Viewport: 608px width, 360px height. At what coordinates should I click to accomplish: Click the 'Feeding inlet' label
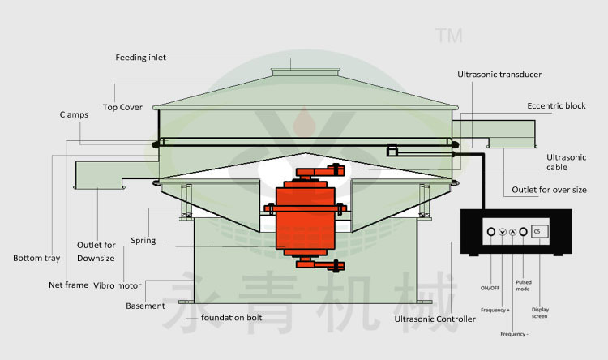point(142,58)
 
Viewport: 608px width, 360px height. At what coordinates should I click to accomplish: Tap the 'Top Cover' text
point(122,107)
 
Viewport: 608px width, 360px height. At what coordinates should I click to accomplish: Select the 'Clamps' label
point(74,115)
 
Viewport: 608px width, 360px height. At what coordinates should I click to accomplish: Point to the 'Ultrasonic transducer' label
point(499,75)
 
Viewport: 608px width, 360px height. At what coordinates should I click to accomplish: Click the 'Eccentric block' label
point(556,106)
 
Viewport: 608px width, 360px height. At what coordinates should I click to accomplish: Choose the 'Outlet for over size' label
point(549,190)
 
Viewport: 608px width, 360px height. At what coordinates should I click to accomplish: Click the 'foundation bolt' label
point(231,317)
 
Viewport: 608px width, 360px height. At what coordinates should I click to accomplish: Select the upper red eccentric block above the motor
point(316,172)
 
